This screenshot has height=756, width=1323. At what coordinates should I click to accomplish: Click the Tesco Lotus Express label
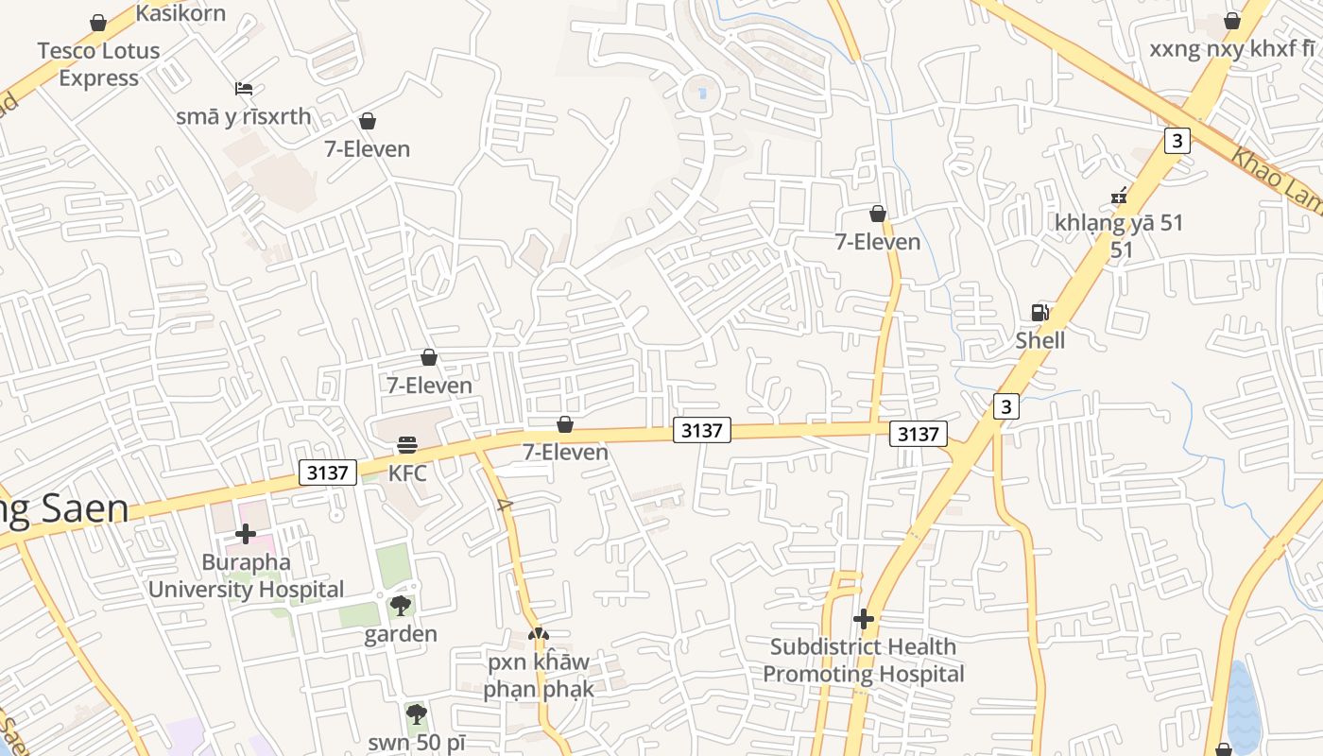[98, 64]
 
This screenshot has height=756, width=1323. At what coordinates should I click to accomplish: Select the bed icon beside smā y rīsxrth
[244, 89]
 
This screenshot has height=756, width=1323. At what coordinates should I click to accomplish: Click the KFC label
[407, 472]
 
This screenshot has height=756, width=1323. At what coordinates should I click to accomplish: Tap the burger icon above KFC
[407, 444]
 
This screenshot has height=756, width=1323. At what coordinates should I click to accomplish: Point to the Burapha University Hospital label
[246, 576]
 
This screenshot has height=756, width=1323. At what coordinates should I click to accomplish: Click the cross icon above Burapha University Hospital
[246, 535]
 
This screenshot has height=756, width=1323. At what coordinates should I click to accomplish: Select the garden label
[401, 633]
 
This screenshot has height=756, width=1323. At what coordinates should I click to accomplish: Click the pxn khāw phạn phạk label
[538, 675]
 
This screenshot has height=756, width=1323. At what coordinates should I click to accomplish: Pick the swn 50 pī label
[417, 742]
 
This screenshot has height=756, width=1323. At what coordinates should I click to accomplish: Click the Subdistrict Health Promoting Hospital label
[863, 661]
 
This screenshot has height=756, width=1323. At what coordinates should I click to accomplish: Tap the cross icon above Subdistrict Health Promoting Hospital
[863, 619]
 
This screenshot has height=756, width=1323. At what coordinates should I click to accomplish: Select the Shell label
[1039, 340]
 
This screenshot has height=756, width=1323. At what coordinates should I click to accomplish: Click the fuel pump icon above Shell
[1039, 313]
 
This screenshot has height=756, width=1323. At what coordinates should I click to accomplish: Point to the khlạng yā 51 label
[1120, 224]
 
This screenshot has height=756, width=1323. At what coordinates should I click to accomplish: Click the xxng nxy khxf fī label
[1231, 48]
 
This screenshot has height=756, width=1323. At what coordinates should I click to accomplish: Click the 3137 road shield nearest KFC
[328, 472]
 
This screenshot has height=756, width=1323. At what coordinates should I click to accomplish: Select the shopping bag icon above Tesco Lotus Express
[98, 22]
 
